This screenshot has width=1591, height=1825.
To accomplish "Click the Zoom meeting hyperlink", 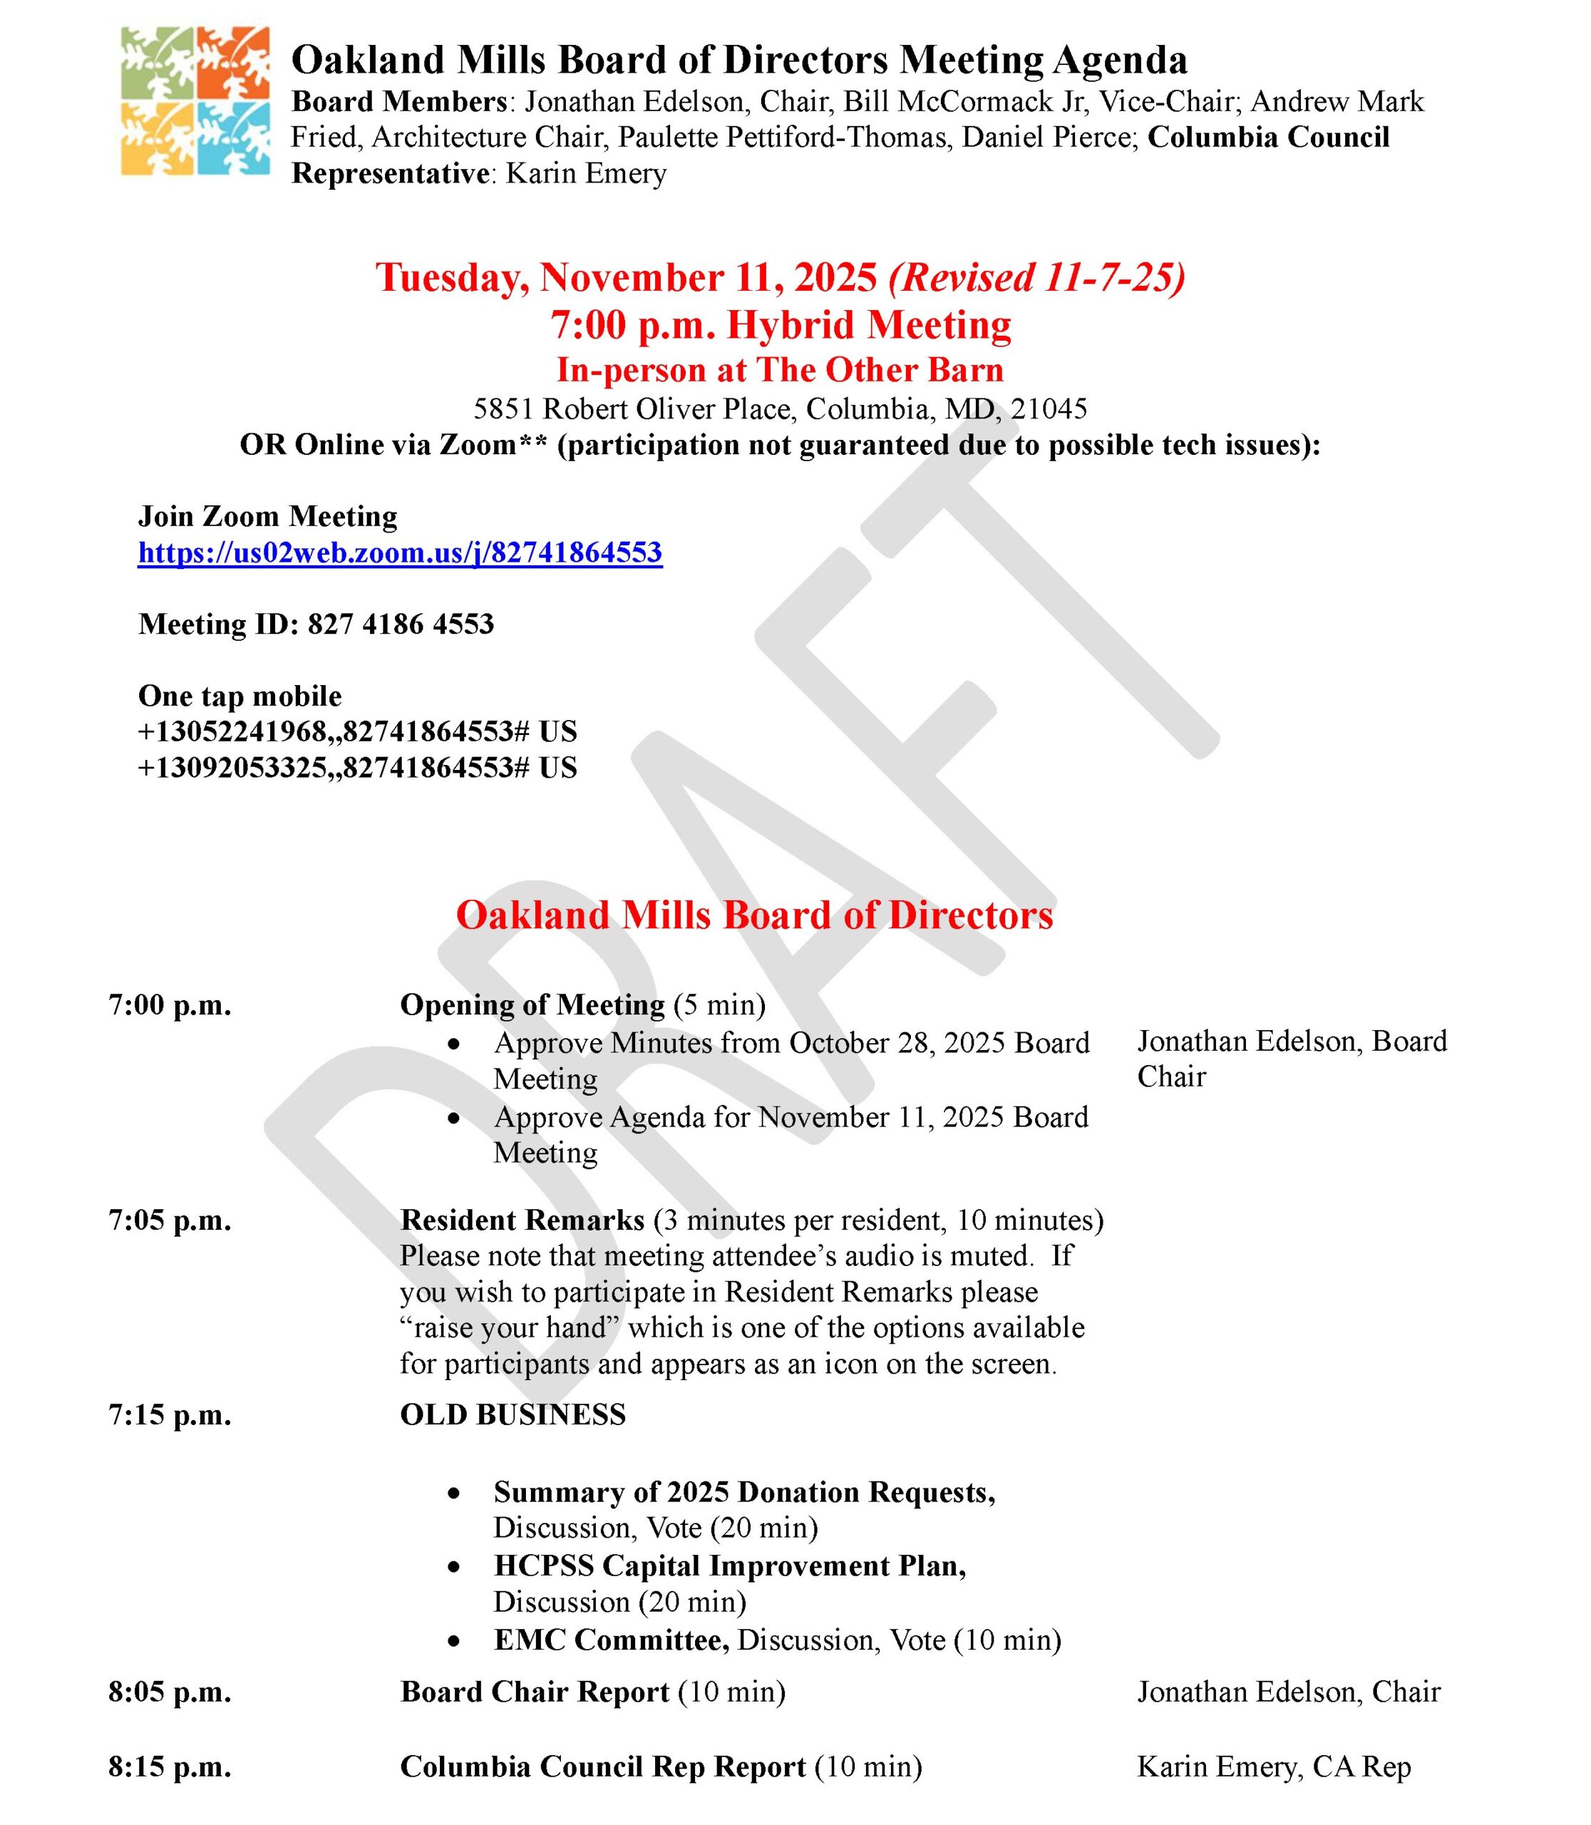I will (x=399, y=552).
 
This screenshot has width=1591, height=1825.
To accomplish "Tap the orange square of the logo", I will (x=232, y=63).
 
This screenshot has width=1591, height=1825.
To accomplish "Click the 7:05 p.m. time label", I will (x=170, y=1220).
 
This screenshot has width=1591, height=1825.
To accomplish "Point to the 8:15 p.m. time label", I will (x=170, y=1767).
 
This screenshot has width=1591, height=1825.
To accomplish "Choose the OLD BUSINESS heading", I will (x=513, y=1414).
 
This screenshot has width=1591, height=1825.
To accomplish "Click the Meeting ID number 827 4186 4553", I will (x=401, y=624).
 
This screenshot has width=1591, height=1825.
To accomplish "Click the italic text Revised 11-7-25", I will (x=1036, y=277).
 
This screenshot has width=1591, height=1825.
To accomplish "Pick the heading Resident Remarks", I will (x=522, y=1220).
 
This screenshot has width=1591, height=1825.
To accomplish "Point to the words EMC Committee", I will (x=611, y=1640).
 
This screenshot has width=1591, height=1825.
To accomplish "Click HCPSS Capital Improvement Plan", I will (x=730, y=1566).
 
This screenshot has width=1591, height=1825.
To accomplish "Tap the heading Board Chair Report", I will (x=535, y=1692).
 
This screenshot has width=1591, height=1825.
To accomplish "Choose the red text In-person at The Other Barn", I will (x=780, y=369).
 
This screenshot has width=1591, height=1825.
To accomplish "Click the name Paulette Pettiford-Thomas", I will (x=782, y=138).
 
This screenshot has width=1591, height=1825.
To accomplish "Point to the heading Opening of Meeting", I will (x=532, y=1004).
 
